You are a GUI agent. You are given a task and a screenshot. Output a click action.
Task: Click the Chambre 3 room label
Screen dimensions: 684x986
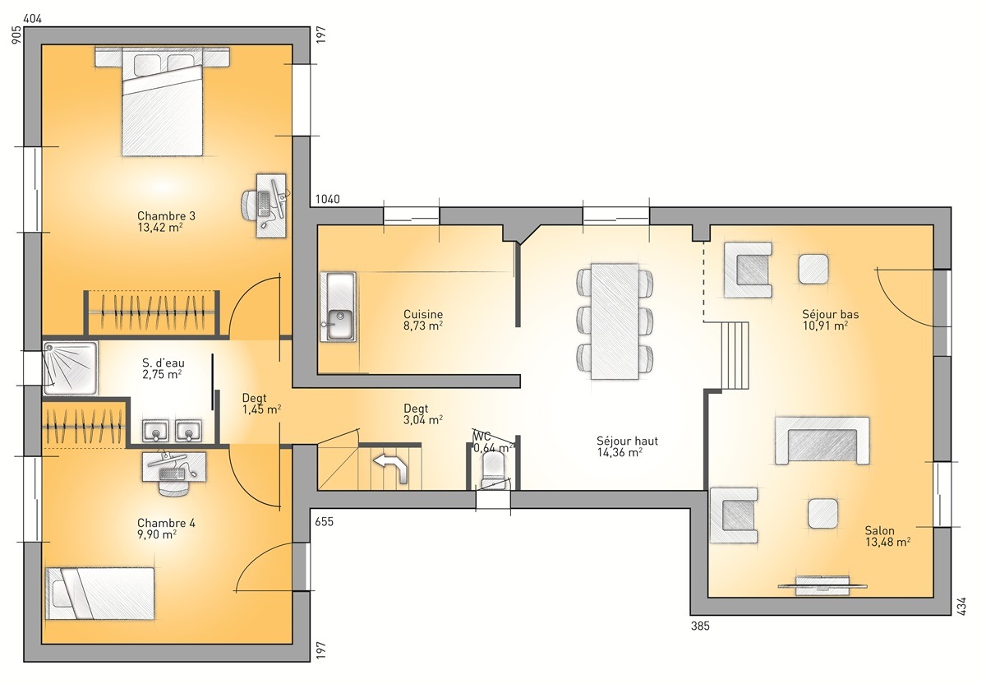[x=166, y=216]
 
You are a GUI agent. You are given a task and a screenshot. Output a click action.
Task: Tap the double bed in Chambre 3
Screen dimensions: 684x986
[x=162, y=103]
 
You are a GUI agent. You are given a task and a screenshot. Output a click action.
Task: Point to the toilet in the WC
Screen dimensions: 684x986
[x=493, y=467]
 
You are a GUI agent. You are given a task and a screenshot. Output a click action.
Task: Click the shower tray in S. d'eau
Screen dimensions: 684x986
[x=70, y=363]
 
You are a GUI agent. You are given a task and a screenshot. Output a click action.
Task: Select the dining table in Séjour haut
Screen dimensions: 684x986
[x=615, y=321]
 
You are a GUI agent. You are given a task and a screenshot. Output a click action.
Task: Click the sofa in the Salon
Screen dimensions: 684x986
[x=822, y=441]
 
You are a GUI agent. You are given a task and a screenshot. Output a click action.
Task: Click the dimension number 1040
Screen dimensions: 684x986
[x=326, y=200]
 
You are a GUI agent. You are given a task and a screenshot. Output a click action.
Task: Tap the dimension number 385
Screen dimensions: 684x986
[x=698, y=626]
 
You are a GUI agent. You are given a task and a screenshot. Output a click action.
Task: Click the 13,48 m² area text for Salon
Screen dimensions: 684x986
[x=887, y=543]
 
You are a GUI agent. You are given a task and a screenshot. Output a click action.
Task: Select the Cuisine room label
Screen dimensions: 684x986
[x=423, y=314]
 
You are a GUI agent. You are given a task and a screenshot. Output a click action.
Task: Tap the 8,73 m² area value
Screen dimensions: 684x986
[x=423, y=326]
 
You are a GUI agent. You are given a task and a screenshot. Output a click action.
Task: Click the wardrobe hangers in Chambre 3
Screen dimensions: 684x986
[x=152, y=313]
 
